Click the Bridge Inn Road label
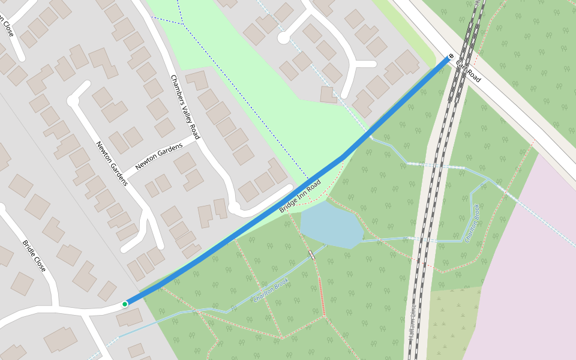click(300, 196)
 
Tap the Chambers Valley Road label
click(184, 107)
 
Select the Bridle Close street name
click(34, 256)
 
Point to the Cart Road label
click(468, 71)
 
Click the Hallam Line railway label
click(413, 323)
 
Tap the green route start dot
click(125, 304)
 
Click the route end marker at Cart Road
click(451, 56)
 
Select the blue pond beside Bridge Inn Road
click(331, 225)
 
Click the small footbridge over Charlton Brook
click(311, 256)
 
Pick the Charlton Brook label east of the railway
click(472, 223)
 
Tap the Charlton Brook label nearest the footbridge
click(271, 289)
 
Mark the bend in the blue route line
click(343, 157)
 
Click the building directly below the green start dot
click(130, 317)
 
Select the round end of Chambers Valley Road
click(234, 208)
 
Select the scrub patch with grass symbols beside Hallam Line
click(453, 324)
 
